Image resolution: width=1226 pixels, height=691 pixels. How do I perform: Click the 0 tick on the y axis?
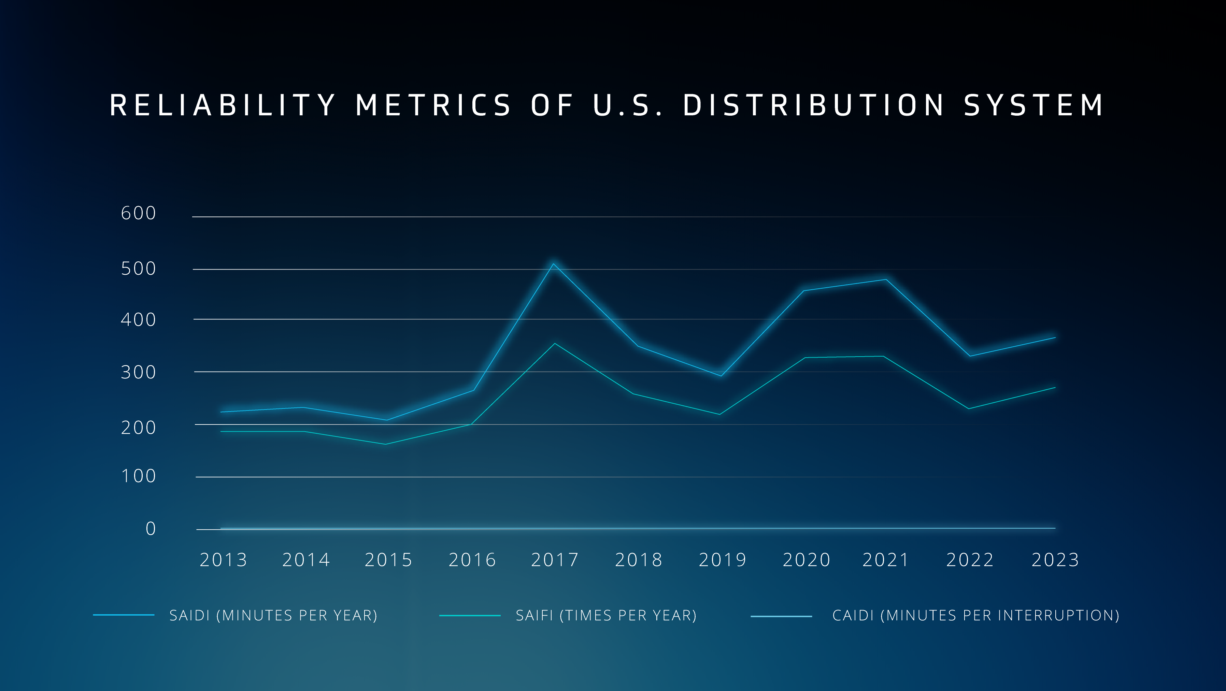[x=151, y=529]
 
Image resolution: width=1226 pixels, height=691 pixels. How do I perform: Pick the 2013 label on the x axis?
[x=224, y=560]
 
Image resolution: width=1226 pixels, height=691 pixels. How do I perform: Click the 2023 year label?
[x=1055, y=560]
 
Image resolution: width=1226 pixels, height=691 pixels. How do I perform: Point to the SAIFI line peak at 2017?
[x=554, y=343]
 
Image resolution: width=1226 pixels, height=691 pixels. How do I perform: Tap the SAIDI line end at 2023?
[x=1055, y=338]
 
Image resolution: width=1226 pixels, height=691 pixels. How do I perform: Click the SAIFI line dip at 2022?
[x=969, y=409]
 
